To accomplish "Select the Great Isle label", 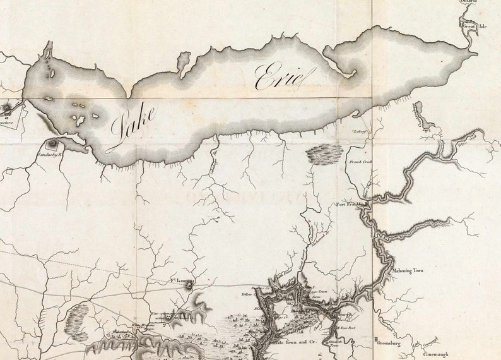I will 474,27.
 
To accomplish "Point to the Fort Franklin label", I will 351,205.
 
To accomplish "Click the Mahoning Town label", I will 410,270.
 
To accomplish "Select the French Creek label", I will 360,162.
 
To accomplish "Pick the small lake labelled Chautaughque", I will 420,114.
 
